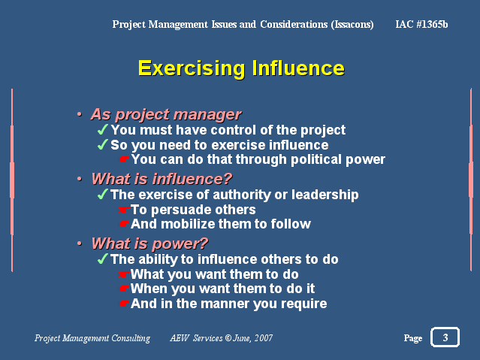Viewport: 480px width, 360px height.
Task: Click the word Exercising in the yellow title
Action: (x=192, y=68)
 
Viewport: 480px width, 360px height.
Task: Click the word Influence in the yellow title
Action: (x=298, y=68)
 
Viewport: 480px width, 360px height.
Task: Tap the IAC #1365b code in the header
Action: (x=421, y=24)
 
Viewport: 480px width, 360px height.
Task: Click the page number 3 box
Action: (x=445, y=337)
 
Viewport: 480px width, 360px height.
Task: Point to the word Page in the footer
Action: (x=413, y=338)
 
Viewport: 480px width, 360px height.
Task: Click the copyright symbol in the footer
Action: (x=228, y=338)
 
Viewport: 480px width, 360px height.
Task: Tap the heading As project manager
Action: (x=166, y=115)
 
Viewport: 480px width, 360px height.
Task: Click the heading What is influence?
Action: (x=162, y=179)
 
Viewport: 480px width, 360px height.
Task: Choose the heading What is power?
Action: (x=149, y=244)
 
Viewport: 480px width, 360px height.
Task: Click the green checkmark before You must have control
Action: (x=103, y=129)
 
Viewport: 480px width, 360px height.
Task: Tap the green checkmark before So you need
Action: (x=103, y=144)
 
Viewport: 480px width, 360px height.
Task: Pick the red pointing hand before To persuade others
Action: (x=124, y=210)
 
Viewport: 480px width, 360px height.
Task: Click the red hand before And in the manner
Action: (x=124, y=304)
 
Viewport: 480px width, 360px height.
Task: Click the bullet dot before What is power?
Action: (x=80, y=244)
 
